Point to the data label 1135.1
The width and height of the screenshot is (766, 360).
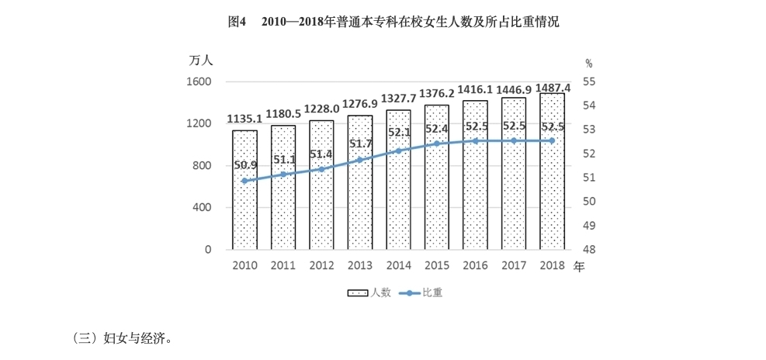pos(244,119)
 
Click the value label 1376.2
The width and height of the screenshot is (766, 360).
pos(437,94)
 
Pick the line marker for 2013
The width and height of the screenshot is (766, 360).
pos(360,160)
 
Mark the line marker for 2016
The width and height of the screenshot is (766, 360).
pos(475,140)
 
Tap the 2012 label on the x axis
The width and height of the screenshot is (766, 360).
pos(321,266)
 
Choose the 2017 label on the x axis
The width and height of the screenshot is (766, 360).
pos(514,266)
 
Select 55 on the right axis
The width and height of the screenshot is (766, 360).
pos(588,81)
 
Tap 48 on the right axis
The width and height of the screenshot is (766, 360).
pos(588,250)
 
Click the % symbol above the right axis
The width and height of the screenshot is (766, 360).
pos(588,63)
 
